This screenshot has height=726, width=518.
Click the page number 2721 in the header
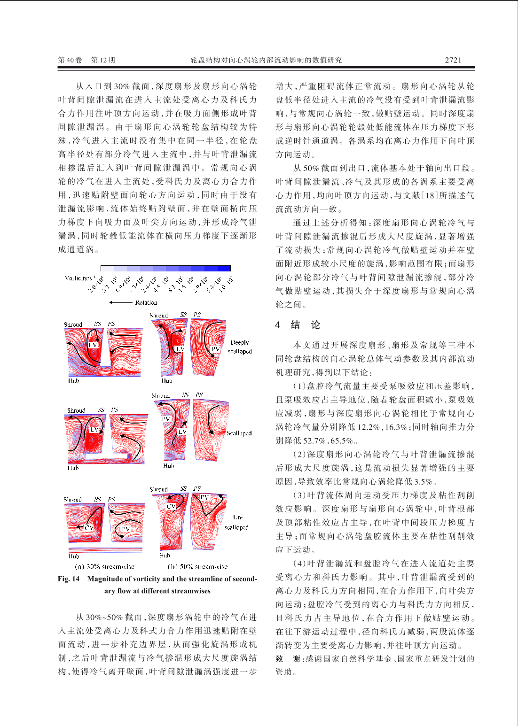[x=453, y=60]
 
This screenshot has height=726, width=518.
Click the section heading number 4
[x=278, y=325]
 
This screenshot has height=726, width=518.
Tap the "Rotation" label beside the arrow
[x=146, y=303]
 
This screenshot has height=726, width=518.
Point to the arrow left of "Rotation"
[x=120, y=303]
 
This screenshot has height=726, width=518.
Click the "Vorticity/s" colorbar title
[x=78, y=278]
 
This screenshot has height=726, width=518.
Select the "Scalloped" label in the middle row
[x=239, y=433]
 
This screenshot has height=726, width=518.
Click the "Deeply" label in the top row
[x=240, y=343]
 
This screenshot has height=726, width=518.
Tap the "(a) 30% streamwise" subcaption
[x=104, y=567]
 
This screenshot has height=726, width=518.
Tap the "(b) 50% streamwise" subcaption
[x=197, y=567]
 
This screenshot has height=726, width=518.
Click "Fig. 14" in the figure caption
[x=69, y=579]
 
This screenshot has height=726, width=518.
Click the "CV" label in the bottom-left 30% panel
[x=89, y=527]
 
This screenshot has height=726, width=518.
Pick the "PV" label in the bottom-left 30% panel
[x=126, y=529]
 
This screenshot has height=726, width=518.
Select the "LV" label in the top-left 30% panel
[x=93, y=345]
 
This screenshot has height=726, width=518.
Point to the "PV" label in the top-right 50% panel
[x=215, y=349]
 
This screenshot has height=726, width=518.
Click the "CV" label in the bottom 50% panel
[x=171, y=506]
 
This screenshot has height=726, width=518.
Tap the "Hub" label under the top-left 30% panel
[x=73, y=381]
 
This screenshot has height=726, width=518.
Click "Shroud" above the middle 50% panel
[x=160, y=396]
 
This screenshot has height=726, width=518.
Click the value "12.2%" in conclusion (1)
[x=369, y=427]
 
